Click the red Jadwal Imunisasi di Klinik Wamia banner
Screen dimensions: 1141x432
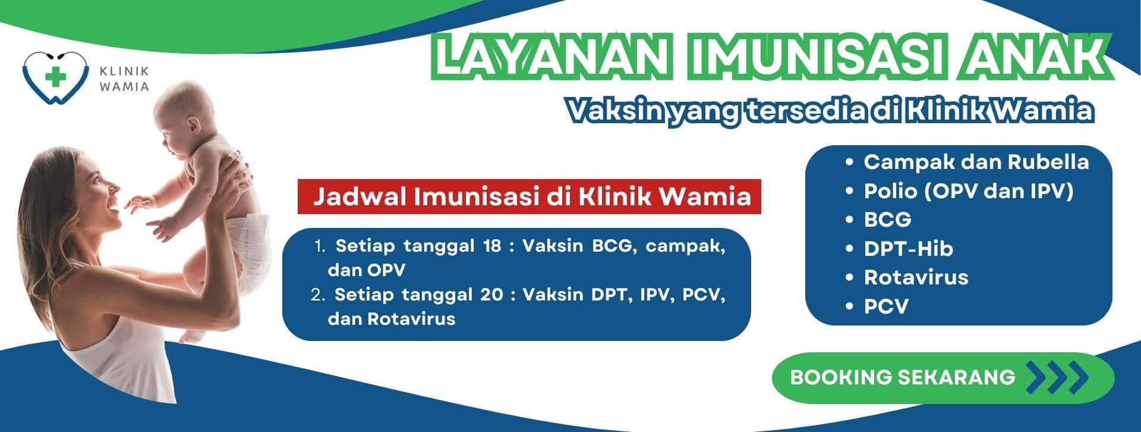(x=529, y=196)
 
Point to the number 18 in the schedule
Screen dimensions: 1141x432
(x=492, y=246)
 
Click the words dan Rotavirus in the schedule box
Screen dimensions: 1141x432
(x=392, y=318)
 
